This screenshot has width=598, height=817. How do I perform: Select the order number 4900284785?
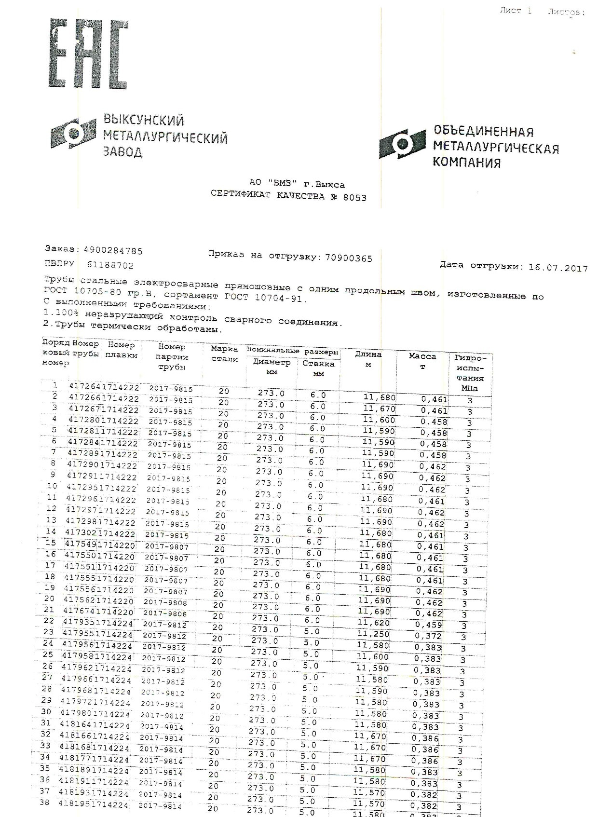(x=113, y=251)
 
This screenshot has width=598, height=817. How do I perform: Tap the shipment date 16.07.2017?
(x=558, y=268)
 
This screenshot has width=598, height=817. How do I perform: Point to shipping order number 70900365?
(x=349, y=258)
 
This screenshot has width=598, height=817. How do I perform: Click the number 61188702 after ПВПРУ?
(x=110, y=265)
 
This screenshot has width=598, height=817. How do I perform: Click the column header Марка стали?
(x=224, y=354)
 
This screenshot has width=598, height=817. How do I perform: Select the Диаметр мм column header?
(x=272, y=367)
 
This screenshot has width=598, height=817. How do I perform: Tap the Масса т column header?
(x=422, y=361)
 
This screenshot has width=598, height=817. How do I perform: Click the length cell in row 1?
(x=379, y=397)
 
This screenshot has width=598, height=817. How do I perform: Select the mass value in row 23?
(x=428, y=636)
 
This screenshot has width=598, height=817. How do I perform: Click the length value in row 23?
(x=373, y=634)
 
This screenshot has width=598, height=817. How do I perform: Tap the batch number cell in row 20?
(x=165, y=602)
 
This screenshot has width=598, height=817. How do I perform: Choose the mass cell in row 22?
(x=428, y=625)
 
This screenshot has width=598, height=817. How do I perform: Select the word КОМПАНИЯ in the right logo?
(x=466, y=163)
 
